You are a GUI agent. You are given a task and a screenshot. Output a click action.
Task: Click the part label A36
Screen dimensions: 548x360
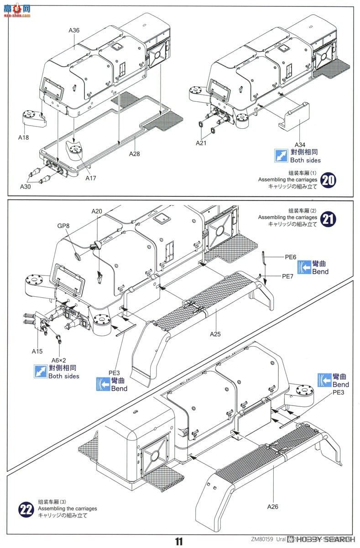click(x=74, y=30)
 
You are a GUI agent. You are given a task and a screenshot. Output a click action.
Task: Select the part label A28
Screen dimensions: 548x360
click(x=134, y=154)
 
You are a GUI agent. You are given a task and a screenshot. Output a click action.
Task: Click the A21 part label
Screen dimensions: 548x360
click(x=201, y=143)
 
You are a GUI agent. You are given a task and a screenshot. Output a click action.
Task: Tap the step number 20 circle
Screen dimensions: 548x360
click(x=329, y=180)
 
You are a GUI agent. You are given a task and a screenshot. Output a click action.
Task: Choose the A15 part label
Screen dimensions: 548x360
click(x=37, y=351)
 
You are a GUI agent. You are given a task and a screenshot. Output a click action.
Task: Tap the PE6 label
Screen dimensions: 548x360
click(x=291, y=257)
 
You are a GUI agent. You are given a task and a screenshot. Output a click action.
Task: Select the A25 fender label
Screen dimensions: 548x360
click(x=216, y=334)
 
